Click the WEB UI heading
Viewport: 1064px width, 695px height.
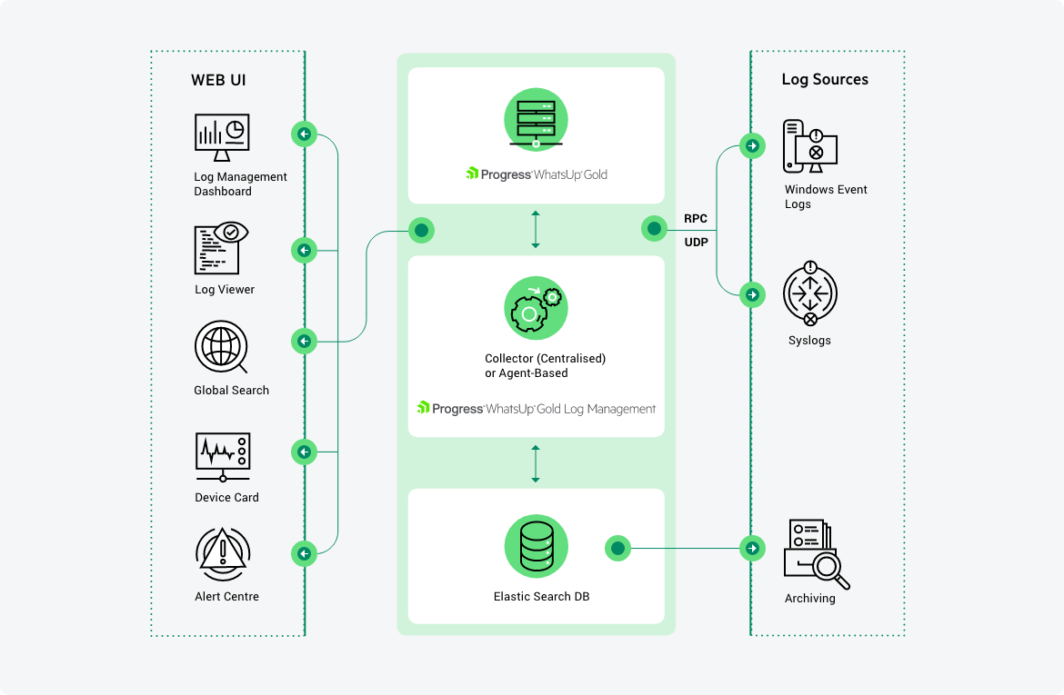pos(218,80)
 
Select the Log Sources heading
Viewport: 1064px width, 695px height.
pos(825,79)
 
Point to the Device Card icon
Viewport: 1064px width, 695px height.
pos(223,457)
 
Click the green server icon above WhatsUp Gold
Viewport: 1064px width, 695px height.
pos(536,118)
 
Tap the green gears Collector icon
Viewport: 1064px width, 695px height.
pos(536,308)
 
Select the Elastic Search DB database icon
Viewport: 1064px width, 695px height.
pos(536,545)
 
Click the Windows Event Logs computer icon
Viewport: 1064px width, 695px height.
pos(809,147)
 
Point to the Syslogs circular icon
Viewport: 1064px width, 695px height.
pos(810,294)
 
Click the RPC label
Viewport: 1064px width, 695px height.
pos(696,219)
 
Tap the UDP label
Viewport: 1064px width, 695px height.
pos(696,243)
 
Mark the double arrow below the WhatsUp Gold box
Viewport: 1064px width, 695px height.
pos(536,230)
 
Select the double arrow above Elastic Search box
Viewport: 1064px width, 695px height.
pos(536,463)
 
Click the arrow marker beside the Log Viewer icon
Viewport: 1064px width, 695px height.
pos(304,250)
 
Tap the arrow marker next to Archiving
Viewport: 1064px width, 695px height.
pos(752,548)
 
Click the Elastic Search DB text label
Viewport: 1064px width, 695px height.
pos(536,597)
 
